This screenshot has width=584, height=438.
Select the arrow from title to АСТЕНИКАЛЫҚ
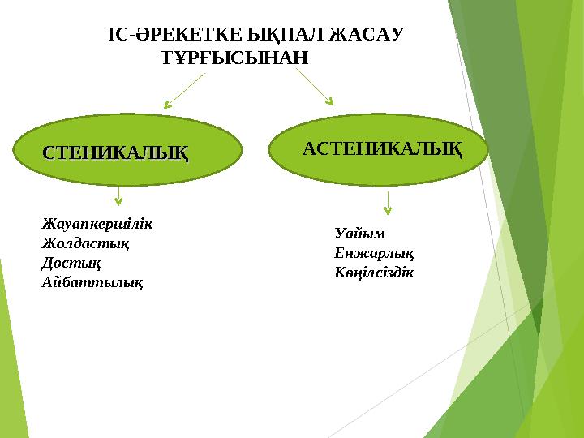(x=315, y=86)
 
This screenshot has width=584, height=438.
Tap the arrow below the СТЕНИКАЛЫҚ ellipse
(x=119, y=194)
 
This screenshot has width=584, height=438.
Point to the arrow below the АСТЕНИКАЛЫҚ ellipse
(x=388, y=203)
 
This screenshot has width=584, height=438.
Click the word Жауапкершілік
(x=97, y=223)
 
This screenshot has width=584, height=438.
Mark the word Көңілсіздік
(x=374, y=272)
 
